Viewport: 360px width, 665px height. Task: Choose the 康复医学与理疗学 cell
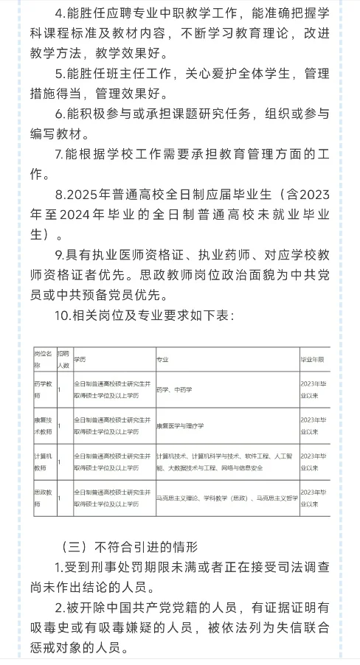coord(185,425)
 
